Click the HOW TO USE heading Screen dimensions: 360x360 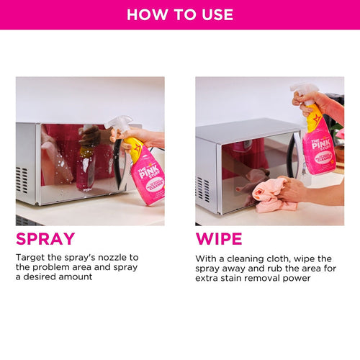coord(180,14)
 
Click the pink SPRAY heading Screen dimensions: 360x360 coord(45,238)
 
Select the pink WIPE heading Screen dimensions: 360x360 coord(219,238)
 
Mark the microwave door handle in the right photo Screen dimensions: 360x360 coord(291,155)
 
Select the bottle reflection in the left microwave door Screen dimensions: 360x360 coord(86,162)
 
